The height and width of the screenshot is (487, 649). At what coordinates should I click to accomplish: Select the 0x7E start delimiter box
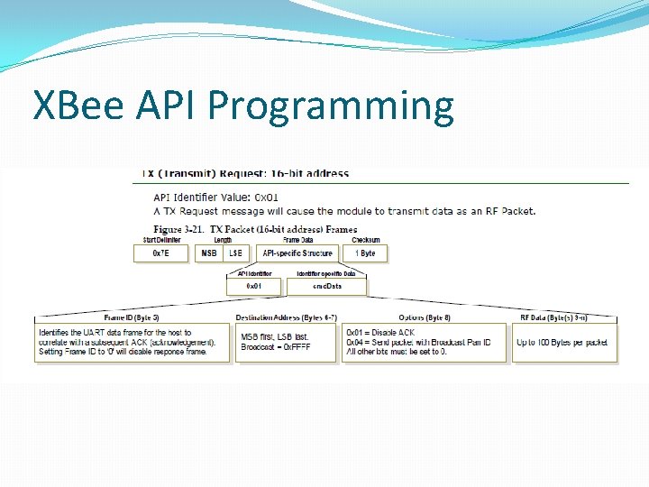(160, 253)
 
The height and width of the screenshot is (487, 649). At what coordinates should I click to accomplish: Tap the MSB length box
(208, 253)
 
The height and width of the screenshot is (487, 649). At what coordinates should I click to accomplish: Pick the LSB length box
(235, 253)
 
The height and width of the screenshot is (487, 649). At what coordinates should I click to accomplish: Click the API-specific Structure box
(297, 253)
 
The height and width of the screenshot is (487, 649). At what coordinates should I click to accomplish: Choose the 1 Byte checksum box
(366, 253)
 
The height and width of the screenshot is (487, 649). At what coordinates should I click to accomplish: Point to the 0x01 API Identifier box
(255, 287)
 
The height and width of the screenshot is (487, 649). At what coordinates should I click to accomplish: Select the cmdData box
(326, 287)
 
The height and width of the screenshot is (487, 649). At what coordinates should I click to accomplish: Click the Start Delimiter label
(161, 241)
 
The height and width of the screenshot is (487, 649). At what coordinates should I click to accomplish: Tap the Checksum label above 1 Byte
(366, 241)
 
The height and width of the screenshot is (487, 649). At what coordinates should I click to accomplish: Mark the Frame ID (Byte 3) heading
(132, 317)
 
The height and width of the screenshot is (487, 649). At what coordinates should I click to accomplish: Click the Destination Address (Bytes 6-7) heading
(286, 317)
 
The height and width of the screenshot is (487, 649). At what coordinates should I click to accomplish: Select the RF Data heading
(565, 317)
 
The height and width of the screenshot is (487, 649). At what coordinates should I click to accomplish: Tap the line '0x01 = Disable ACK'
(380, 333)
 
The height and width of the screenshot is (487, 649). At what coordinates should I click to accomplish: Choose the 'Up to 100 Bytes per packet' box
(564, 343)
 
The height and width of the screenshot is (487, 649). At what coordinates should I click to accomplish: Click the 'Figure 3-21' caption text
(256, 230)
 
